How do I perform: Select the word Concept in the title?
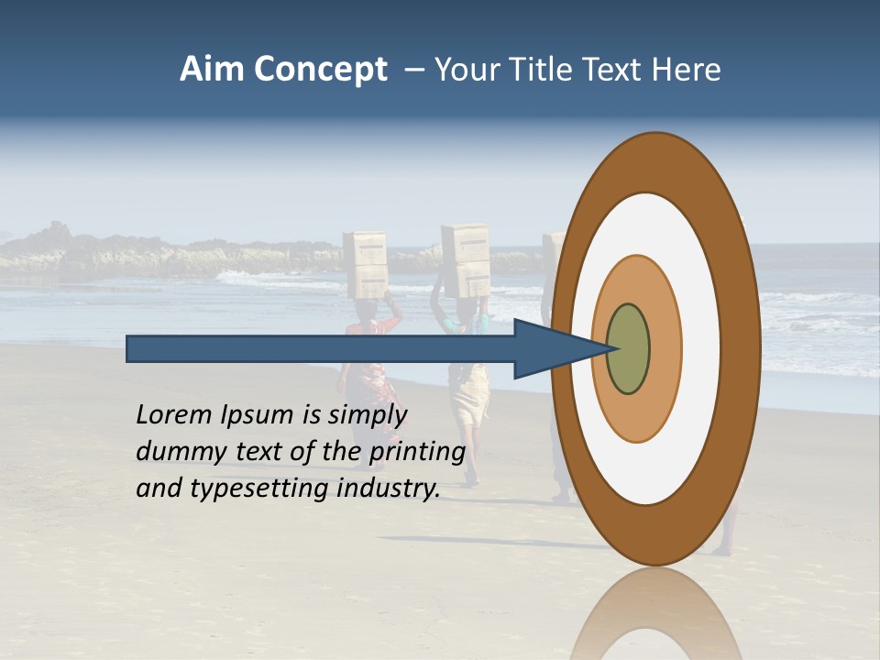321,70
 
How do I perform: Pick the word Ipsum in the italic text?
257,415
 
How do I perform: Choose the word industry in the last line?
389,489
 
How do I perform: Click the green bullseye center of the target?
628,349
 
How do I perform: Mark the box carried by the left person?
365,264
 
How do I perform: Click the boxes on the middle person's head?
466,259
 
